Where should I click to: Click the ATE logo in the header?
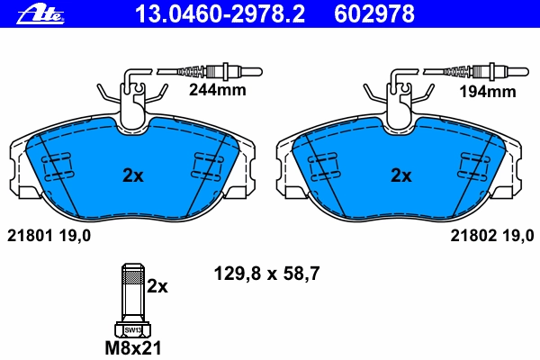click(40, 14)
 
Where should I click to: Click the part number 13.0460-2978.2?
click(220, 14)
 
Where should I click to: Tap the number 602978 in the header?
click(374, 14)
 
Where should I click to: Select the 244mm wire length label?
click(217, 90)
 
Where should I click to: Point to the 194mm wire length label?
click(488, 92)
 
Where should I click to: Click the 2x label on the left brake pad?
click(133, 176)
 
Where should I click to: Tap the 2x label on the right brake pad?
click(400, 176)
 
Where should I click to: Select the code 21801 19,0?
click(49, 236)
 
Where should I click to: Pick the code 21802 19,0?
click(492, 236)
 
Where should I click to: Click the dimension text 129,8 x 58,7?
click(267, 274)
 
